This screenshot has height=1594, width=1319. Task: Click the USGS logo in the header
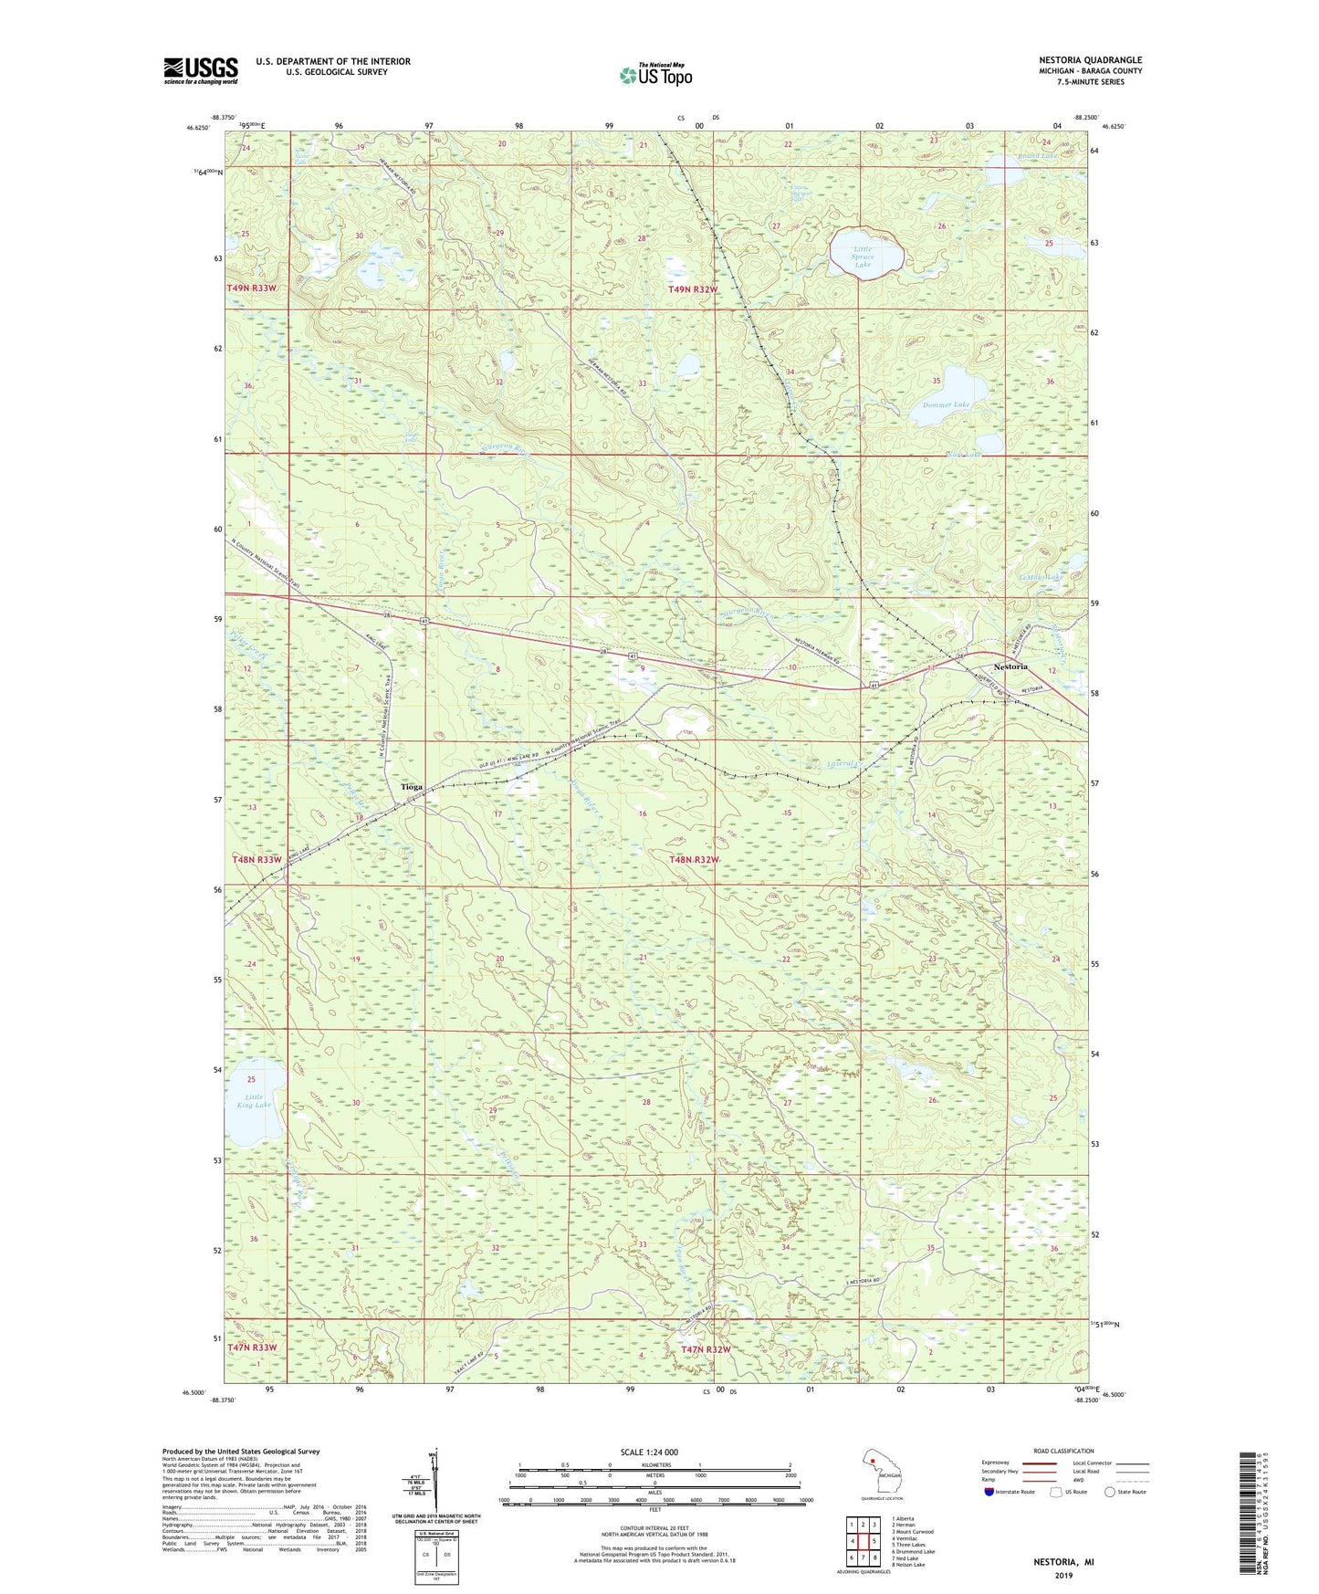point(201,70)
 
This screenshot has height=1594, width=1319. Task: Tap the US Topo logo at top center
point(655,75)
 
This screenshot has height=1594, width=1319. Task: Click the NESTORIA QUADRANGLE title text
point(1090,60)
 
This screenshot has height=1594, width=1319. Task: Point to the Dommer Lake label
point(946,404)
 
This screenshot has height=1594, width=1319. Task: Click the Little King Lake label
point(254,1101)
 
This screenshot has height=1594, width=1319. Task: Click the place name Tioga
point(412,786)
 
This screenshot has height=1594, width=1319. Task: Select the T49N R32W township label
point(694,289)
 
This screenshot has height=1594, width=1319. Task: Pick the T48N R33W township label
point(256,860)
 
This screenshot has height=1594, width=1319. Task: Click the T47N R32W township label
point(706,1349)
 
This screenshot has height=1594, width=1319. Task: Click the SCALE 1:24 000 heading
point(649,1452)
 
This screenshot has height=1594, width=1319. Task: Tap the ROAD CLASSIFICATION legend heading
point(1063,1451)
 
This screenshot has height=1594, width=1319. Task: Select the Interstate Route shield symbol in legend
point(990,1492)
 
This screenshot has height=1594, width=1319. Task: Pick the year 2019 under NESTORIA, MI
point(1063,1575)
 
